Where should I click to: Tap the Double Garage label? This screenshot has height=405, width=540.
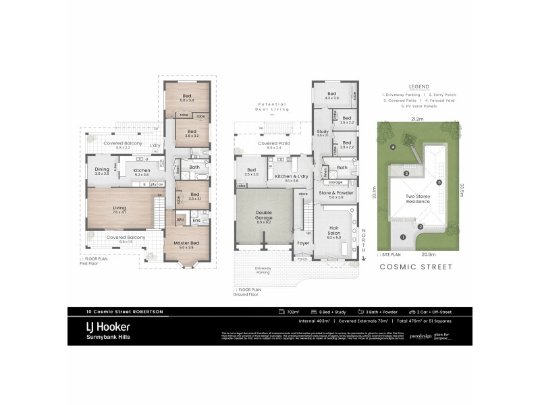coord(263,215)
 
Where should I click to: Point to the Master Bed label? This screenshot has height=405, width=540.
coord(186,244)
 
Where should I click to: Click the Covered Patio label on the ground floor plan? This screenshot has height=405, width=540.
coord(273,144)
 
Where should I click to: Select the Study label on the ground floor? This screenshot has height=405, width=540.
coord(322,132)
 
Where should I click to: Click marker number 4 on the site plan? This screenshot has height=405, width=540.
coord(391,146)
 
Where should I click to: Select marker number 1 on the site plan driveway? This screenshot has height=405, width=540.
coord(403,237)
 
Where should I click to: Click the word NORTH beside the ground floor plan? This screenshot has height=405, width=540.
coord(362,239)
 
